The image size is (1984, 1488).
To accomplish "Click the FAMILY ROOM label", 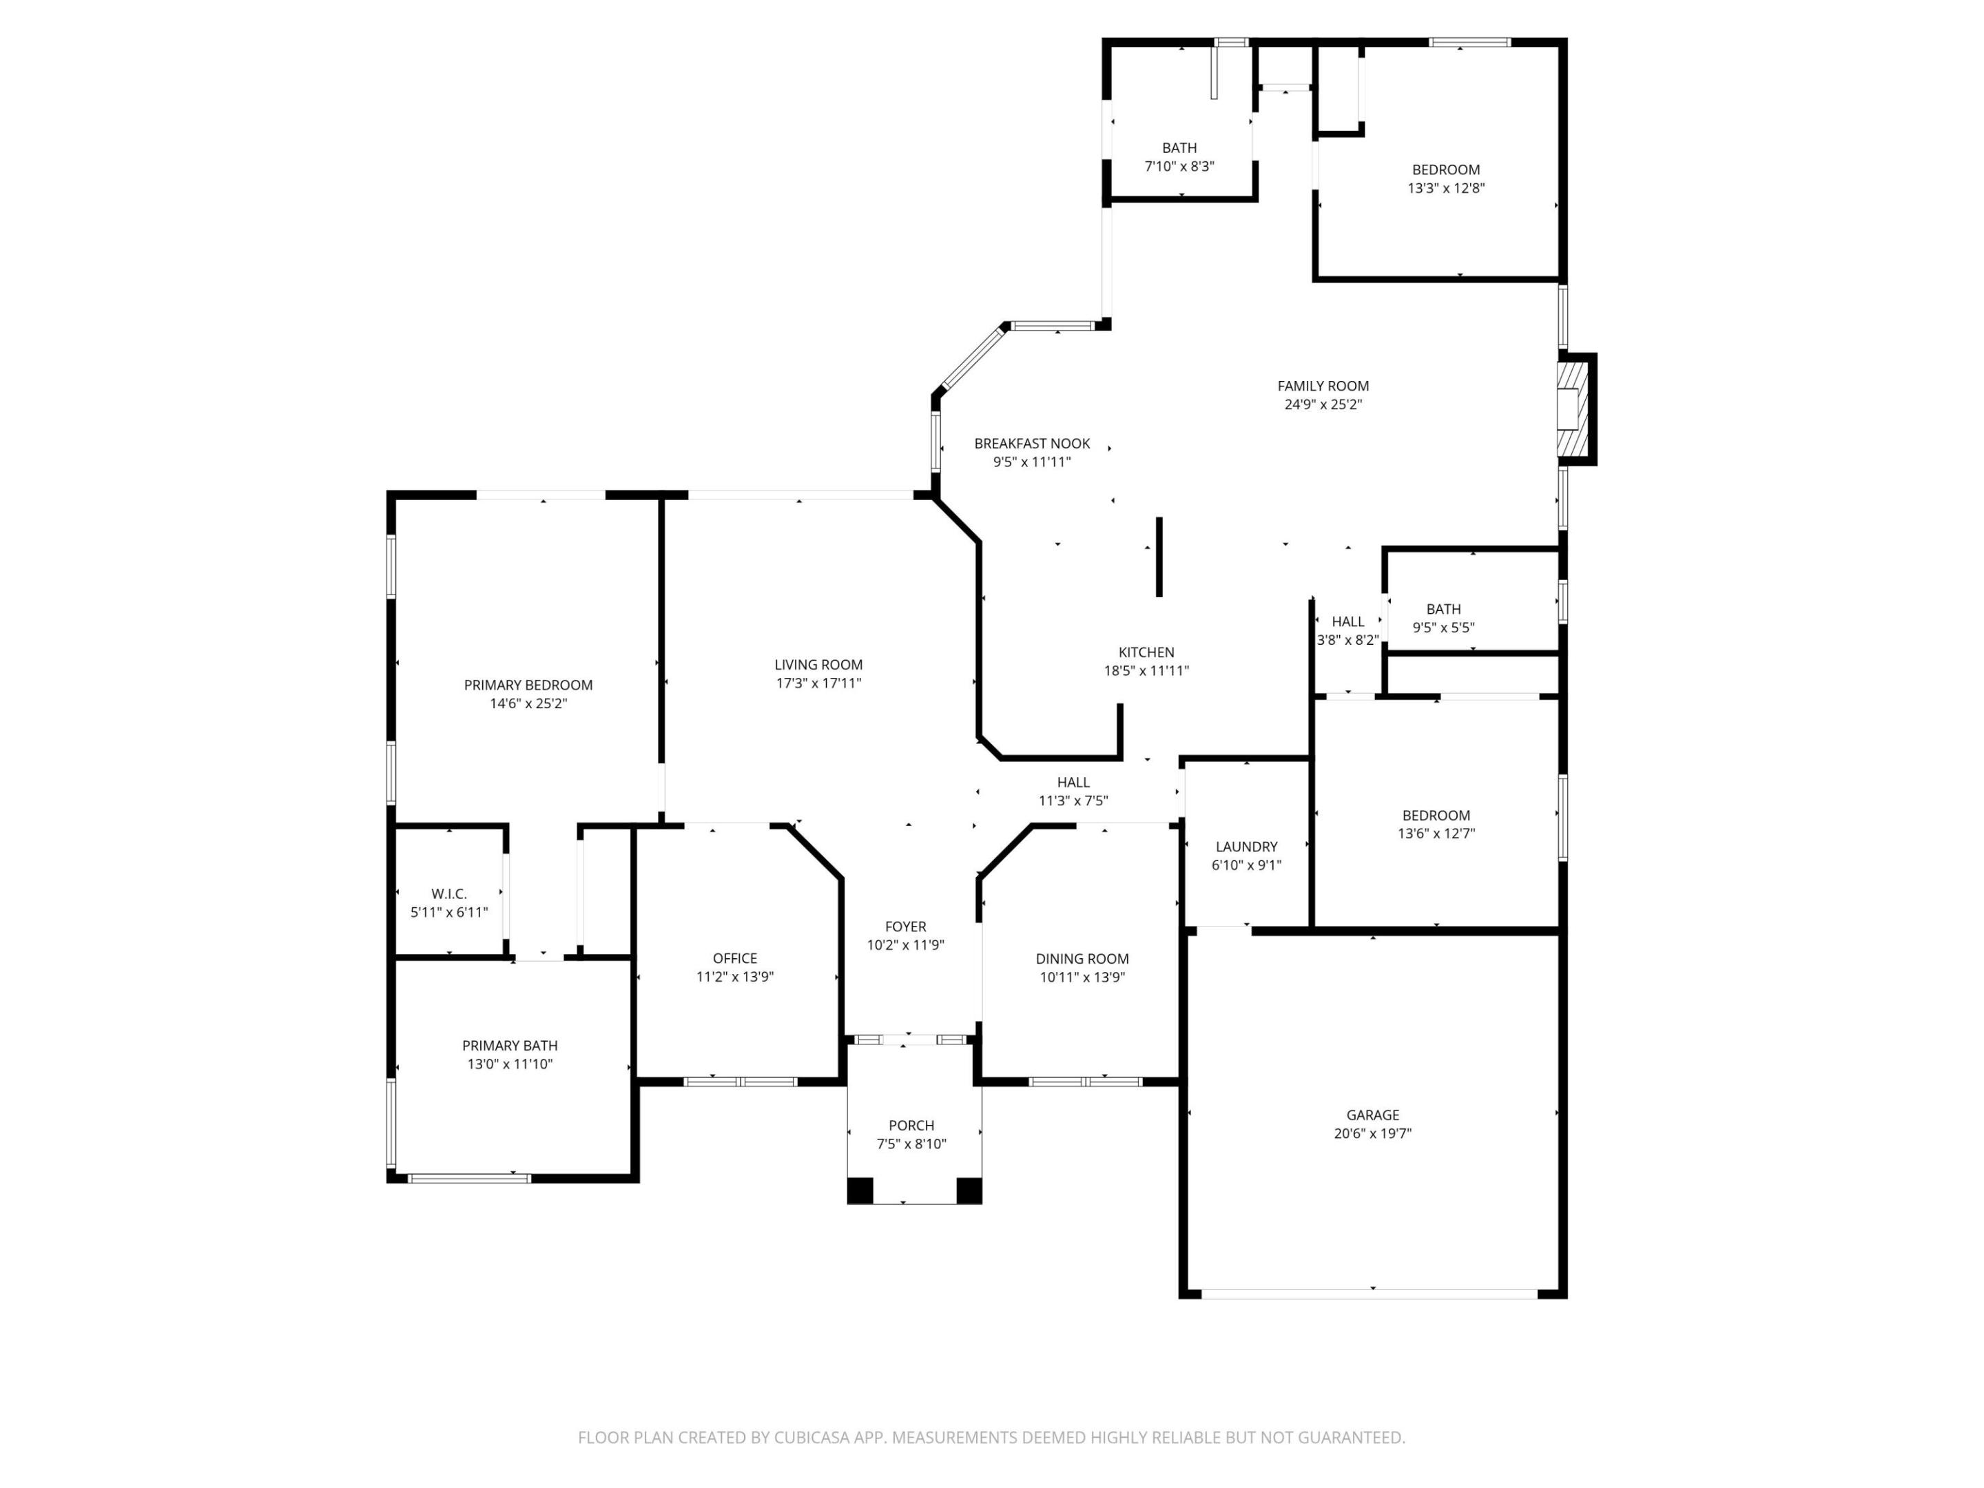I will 1323,386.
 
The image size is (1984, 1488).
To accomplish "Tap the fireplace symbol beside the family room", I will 1574,409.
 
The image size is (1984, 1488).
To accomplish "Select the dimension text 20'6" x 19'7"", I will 1372,1134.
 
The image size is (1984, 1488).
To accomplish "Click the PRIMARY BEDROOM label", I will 528,685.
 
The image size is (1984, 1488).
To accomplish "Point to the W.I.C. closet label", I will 448,894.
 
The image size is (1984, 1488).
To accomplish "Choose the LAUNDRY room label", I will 1246,847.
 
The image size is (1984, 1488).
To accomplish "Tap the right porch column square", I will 969,1190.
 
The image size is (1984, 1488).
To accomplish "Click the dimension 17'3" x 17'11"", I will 818,683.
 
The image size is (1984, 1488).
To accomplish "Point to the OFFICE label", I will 734,958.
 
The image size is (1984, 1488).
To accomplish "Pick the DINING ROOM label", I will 1082,959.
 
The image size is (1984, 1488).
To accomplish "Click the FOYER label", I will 905,927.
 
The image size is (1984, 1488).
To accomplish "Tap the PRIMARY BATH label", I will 510,1046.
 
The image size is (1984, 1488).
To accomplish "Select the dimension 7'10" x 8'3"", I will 1179,167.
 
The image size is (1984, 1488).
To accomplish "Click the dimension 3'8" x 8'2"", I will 1347,641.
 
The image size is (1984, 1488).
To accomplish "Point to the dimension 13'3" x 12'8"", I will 1446,188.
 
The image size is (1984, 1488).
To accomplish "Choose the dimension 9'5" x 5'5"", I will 1443,628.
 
